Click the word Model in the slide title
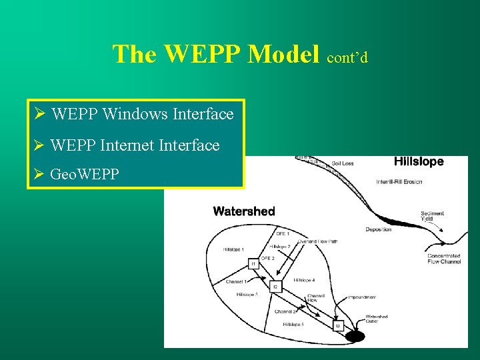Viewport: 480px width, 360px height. pyautogui.click(x=283, y=54)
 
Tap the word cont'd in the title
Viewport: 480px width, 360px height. pyautogui.click(x=347, y=57)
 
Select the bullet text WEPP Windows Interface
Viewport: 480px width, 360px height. pyautogui.click(x=142, y=114)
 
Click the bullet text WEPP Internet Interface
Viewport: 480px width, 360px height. pyautogui.click(x=135, y=145)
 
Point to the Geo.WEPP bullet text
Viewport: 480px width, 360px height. pyautogui.click(x=85, y=175)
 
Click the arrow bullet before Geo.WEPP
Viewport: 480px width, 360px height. pyautogui.click(x=39, y=175)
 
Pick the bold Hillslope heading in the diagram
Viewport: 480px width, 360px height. pyautogui.click(x=418, y=162)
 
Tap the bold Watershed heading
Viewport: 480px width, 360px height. pyautogui.click(x=243, y=211)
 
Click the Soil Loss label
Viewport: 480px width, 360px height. pyautogui.click(x=343, y=163)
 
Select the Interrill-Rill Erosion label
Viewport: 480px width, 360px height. pyautogui.click(x=399, y=182)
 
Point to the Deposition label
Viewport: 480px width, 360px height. pyautogui.click(x=378, y=229)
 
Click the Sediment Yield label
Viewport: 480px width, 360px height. pyautogui.click(x=432, y=217)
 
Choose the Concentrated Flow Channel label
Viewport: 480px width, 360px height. pyautogui.click(x=443, y=259)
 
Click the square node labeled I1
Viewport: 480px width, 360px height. pyautogui.click(x=253, y=264)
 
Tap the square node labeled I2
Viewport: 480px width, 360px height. pyautogui.click(x=275, y=287)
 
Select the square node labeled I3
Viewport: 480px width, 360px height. pyautogui.click(x=338, y=325)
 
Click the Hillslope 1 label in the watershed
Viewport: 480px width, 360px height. pyautogui.click(x=234, y=249)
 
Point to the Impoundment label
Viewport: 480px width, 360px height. pyautogui.click(x=361, y=297)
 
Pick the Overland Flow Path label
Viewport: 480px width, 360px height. pyautogui.click(x=317, y=241)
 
